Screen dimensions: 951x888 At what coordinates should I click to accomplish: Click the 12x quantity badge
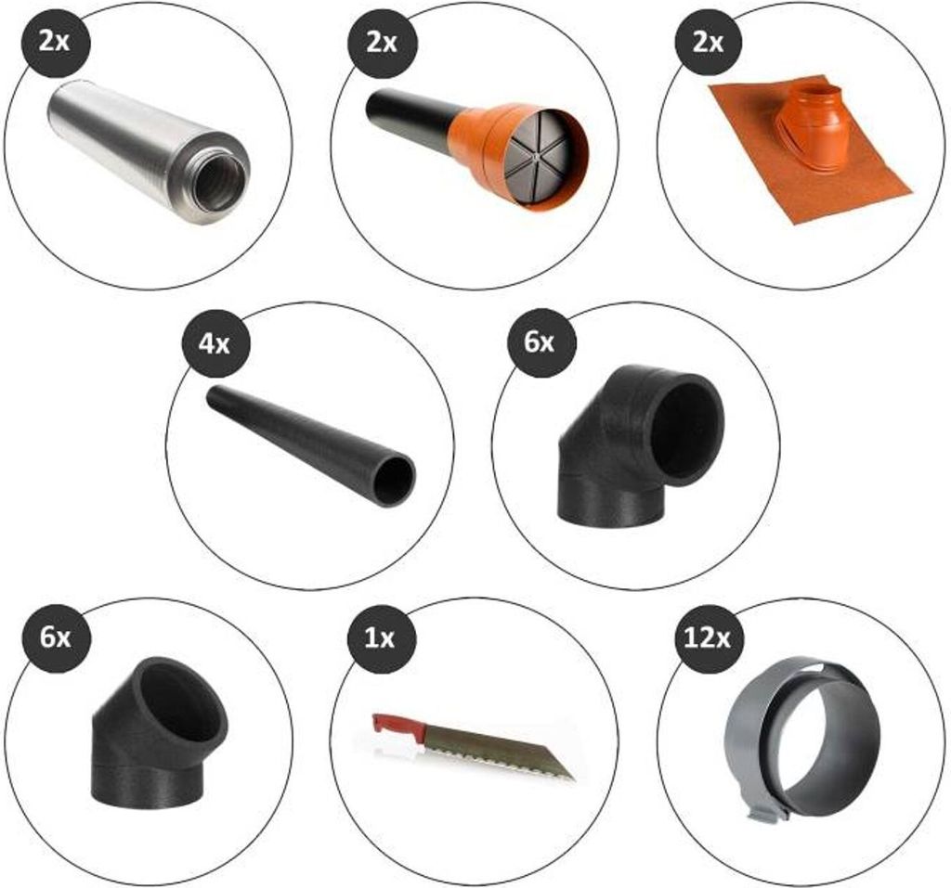click(707, 638)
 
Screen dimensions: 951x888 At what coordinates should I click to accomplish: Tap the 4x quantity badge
click(215, 343)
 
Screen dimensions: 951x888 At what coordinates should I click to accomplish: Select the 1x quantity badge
click(380, 638)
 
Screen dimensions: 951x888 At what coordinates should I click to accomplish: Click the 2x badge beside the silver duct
click(55, 44)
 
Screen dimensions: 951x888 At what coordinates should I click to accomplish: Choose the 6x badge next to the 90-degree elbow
click(540, 342)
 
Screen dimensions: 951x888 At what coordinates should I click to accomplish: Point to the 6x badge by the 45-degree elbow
click(55, 638)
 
